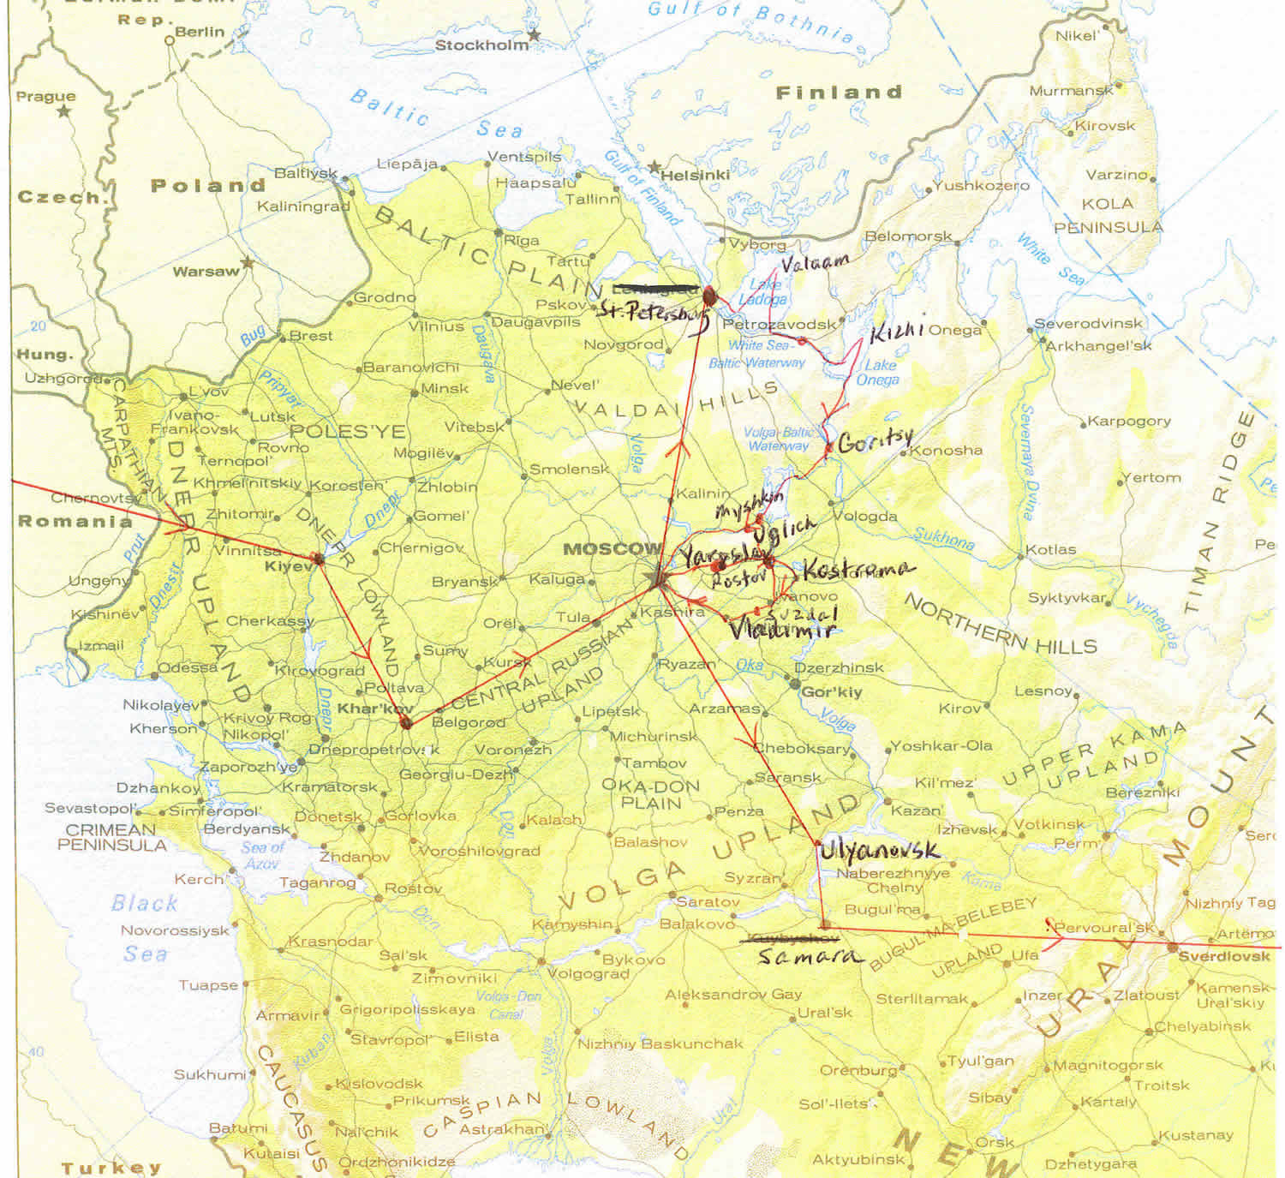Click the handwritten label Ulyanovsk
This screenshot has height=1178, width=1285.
878,850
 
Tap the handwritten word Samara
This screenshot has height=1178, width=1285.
809,957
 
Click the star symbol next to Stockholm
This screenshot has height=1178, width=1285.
535,35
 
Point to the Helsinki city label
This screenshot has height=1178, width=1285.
695,175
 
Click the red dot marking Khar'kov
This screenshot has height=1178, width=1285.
406,723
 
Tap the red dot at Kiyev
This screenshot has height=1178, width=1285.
318,559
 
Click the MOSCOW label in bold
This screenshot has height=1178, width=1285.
612,548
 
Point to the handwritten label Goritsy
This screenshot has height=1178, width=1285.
875,441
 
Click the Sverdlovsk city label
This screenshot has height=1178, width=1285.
1223,956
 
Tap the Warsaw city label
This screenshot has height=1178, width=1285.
206,272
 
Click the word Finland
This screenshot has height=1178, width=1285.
839,93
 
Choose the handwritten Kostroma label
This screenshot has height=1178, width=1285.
858,570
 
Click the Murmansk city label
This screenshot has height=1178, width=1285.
1071,91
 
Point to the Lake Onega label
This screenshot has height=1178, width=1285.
877,372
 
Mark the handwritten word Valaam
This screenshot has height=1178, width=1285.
815,261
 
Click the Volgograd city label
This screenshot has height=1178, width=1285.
587,974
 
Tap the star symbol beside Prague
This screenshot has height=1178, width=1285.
64,111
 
